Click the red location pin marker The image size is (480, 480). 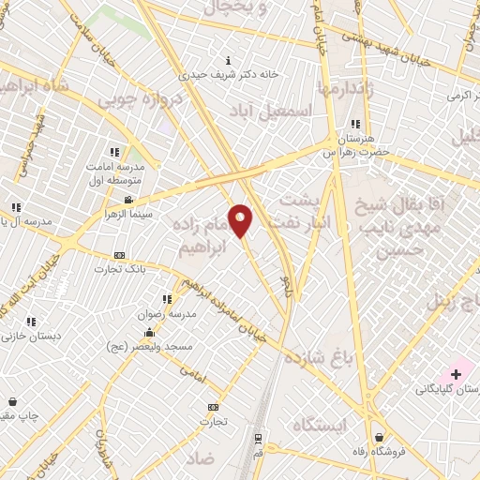coord(240,221)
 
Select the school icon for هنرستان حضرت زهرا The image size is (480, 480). coord(354,124)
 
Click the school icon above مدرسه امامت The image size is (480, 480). coord(114,152)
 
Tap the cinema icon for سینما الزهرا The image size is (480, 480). coord(128,200)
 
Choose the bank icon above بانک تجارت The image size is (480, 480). coord(119,255)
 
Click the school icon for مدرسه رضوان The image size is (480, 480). coord(168,299)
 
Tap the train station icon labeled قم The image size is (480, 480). coord(258,438)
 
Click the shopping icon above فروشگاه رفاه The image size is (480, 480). coord(379,437)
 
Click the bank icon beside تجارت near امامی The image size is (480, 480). coord(213,407)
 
